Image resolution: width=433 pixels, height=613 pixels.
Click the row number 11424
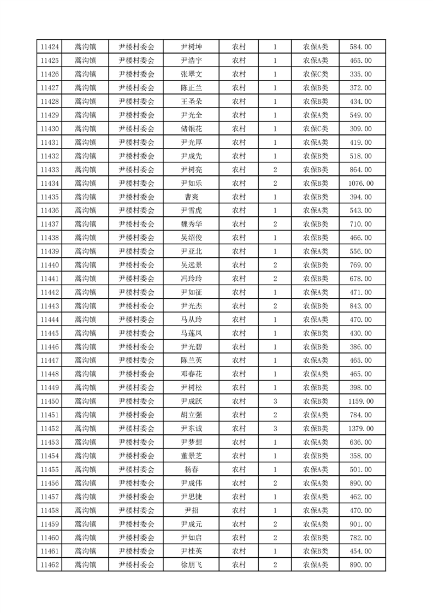click(50, 47)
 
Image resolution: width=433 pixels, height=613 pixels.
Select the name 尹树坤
click(191, 47)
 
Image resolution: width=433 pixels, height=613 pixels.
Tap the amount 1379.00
click(360, 429)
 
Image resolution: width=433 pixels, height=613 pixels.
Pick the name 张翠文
click(191, 74)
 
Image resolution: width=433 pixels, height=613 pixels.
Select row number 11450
click(50, 402)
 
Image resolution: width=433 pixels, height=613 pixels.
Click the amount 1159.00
click(360, 402)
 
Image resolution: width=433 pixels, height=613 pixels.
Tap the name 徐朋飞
click(191, 565)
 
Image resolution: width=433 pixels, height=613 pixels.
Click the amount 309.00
click(360, 129)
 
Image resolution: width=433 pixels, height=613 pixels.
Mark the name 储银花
click(191, 129)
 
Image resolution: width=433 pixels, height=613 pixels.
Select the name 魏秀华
click(191, 224)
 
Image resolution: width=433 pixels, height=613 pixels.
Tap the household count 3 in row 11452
click(275, 429)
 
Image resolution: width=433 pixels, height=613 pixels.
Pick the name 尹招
click(191, 510)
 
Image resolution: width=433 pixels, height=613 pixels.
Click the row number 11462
click(50, 565)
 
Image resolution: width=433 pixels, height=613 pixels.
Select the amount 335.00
click(360, 74)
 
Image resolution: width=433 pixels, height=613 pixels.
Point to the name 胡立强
click(191, 415)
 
